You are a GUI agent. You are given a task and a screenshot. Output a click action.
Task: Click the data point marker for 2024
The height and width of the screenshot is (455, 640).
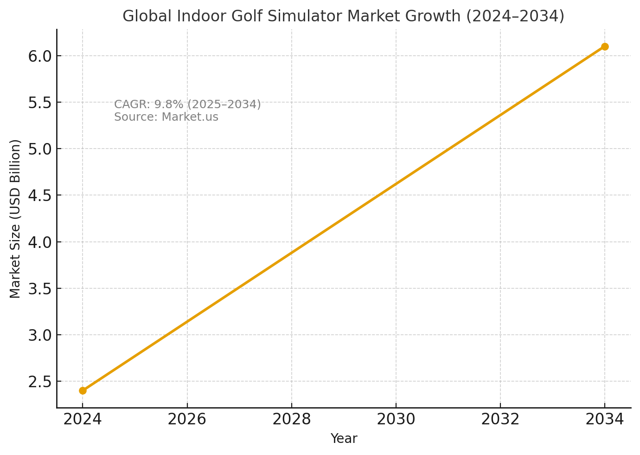[83, 390]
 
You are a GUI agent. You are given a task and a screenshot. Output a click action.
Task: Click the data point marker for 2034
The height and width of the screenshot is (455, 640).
[605, 46]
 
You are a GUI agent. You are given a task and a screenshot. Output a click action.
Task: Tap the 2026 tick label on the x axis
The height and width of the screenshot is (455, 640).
[187, 420]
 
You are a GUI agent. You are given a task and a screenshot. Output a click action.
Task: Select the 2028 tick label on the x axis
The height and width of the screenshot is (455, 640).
[291, 420]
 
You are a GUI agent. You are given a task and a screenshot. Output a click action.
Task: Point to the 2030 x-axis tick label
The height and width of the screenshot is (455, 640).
[396, 420]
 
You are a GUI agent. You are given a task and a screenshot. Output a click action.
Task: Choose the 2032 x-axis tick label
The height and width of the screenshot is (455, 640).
[500, 420]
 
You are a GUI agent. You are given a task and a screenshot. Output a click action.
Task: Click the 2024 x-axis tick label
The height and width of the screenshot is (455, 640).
[83, 420]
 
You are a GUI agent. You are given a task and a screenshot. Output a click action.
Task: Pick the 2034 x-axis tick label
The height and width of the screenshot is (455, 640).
[605, 420]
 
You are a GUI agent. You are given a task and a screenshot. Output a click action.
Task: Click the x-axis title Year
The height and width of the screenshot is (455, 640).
[344, 439]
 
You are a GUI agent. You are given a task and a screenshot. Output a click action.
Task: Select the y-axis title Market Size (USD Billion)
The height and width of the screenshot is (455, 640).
[15, 219]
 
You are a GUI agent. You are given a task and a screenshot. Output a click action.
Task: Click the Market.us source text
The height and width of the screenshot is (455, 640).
[190, 117]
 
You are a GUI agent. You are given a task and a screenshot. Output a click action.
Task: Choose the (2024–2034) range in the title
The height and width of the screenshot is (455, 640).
[515, 16]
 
